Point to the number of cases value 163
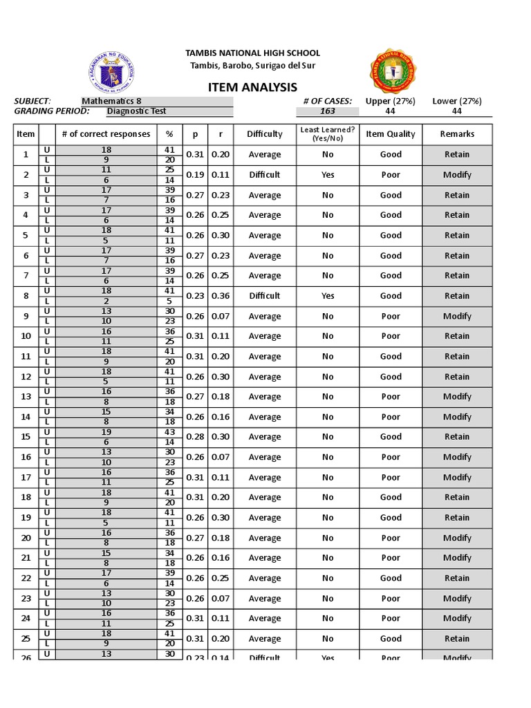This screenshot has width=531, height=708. (x=327, y=111)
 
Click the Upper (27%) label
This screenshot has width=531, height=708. (x=390, y=101)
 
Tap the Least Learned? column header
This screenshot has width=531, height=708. (x=327, y=133)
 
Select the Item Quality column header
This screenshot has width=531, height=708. (x=391, y=134)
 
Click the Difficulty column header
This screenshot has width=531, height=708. (x=264, y=134)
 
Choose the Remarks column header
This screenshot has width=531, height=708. (x=457, y=134)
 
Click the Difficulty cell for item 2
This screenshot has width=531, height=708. (x=264, y=175)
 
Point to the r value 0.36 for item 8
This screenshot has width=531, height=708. (x=221, y=296)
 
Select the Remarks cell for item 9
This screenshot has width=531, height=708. (x=457, y=316)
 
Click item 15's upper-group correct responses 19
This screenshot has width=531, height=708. (x=106, y=432)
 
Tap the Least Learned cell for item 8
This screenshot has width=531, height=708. (x=327, y=296)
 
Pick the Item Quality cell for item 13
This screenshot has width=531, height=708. (x=391, y=397)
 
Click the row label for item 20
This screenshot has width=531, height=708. (x=26, y=538)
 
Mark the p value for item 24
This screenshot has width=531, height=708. (x=195, y=619)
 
